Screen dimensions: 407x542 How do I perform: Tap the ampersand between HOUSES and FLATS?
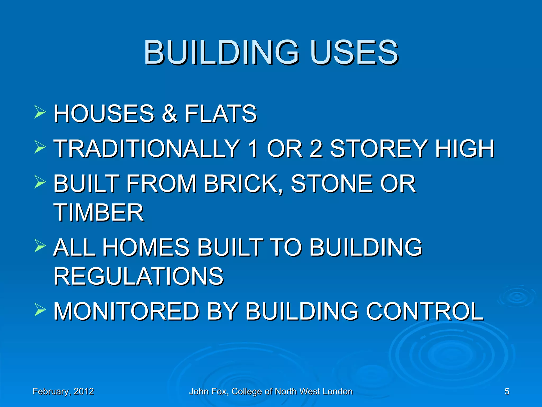tap(169, 114)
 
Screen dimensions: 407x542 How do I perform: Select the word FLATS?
tap(221, 114)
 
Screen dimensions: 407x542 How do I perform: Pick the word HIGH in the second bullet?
tap(465, 149)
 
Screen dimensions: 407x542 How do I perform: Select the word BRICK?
tap(243, 184)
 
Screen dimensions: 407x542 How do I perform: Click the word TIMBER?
tap(99, 213)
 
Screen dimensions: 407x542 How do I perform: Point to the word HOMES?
tap(146, 247)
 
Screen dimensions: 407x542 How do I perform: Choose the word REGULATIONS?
tap(139, 276)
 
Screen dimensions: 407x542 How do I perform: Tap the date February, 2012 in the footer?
tap(63, 391)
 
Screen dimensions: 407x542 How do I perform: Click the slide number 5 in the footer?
tap(507, 391)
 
